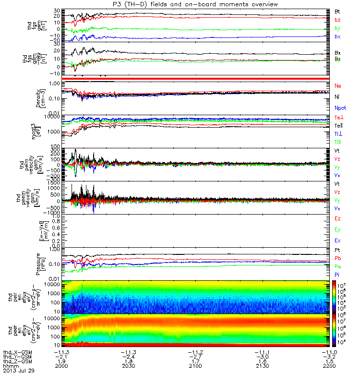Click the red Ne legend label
click(x=337, y=86)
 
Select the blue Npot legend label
click(x=340, y=108)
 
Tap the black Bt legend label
click(x=337, y=11)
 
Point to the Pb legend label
click(x=338, y=259)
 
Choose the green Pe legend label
click(x=338, y=266)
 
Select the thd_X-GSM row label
click(x=18, y=352)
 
